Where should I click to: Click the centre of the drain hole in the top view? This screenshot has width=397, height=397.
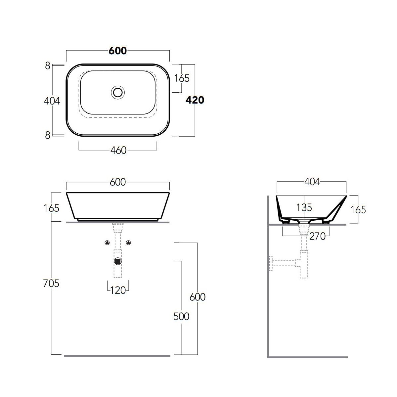pyautogui.click(x=118, y=93)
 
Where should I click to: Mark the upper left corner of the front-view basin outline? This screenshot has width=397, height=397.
pyautogui.click(x=66, y=193)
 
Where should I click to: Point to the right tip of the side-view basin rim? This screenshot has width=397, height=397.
pyautogui.click(x=347, y=196)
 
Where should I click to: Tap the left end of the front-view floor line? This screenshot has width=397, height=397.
pyautogui.click(x=64, y=356)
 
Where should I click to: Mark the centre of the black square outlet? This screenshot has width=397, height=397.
pyautogui.click(x=118, y=261)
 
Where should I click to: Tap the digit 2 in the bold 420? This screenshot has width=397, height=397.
pyautogui.click(x=195, y=100)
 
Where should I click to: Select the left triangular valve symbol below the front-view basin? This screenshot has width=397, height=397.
pyautogui.click(x=107, y=243)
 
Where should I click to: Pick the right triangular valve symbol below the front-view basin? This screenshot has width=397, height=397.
pyautogui.click(x=129, y=243)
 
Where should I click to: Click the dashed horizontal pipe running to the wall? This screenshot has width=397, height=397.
pyautogui.click(x=284, y=263)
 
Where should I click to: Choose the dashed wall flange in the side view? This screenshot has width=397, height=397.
pyautogui.click(x=271, y=263)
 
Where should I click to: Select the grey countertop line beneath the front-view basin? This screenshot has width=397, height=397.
pyautogui.click(x=118, y=223)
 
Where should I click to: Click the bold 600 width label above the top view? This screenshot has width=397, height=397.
pyautogui.click(x=118, y=51)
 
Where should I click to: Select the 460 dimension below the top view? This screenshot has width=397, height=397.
pyautogui.click(x=118, y=151)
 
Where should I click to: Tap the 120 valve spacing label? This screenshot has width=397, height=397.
pyautogui.click(x=118, y=290)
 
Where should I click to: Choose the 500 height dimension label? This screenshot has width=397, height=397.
pyautogui.click(x=181, y=316)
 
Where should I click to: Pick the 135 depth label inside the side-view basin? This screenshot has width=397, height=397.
pyautogui.click(x=304, y=207)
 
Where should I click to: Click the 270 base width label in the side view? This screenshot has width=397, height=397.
pyautogui.click(x=318, y=236)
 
